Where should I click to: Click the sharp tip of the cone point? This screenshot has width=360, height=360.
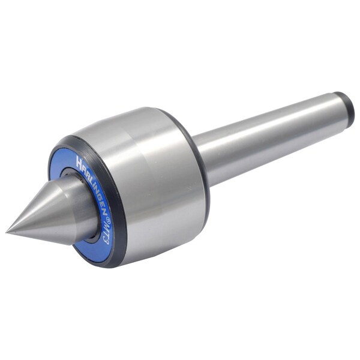(7, 232)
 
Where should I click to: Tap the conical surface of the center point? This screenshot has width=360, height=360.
(41, 218)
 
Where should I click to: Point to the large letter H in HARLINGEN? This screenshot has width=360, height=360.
(79, 161)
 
